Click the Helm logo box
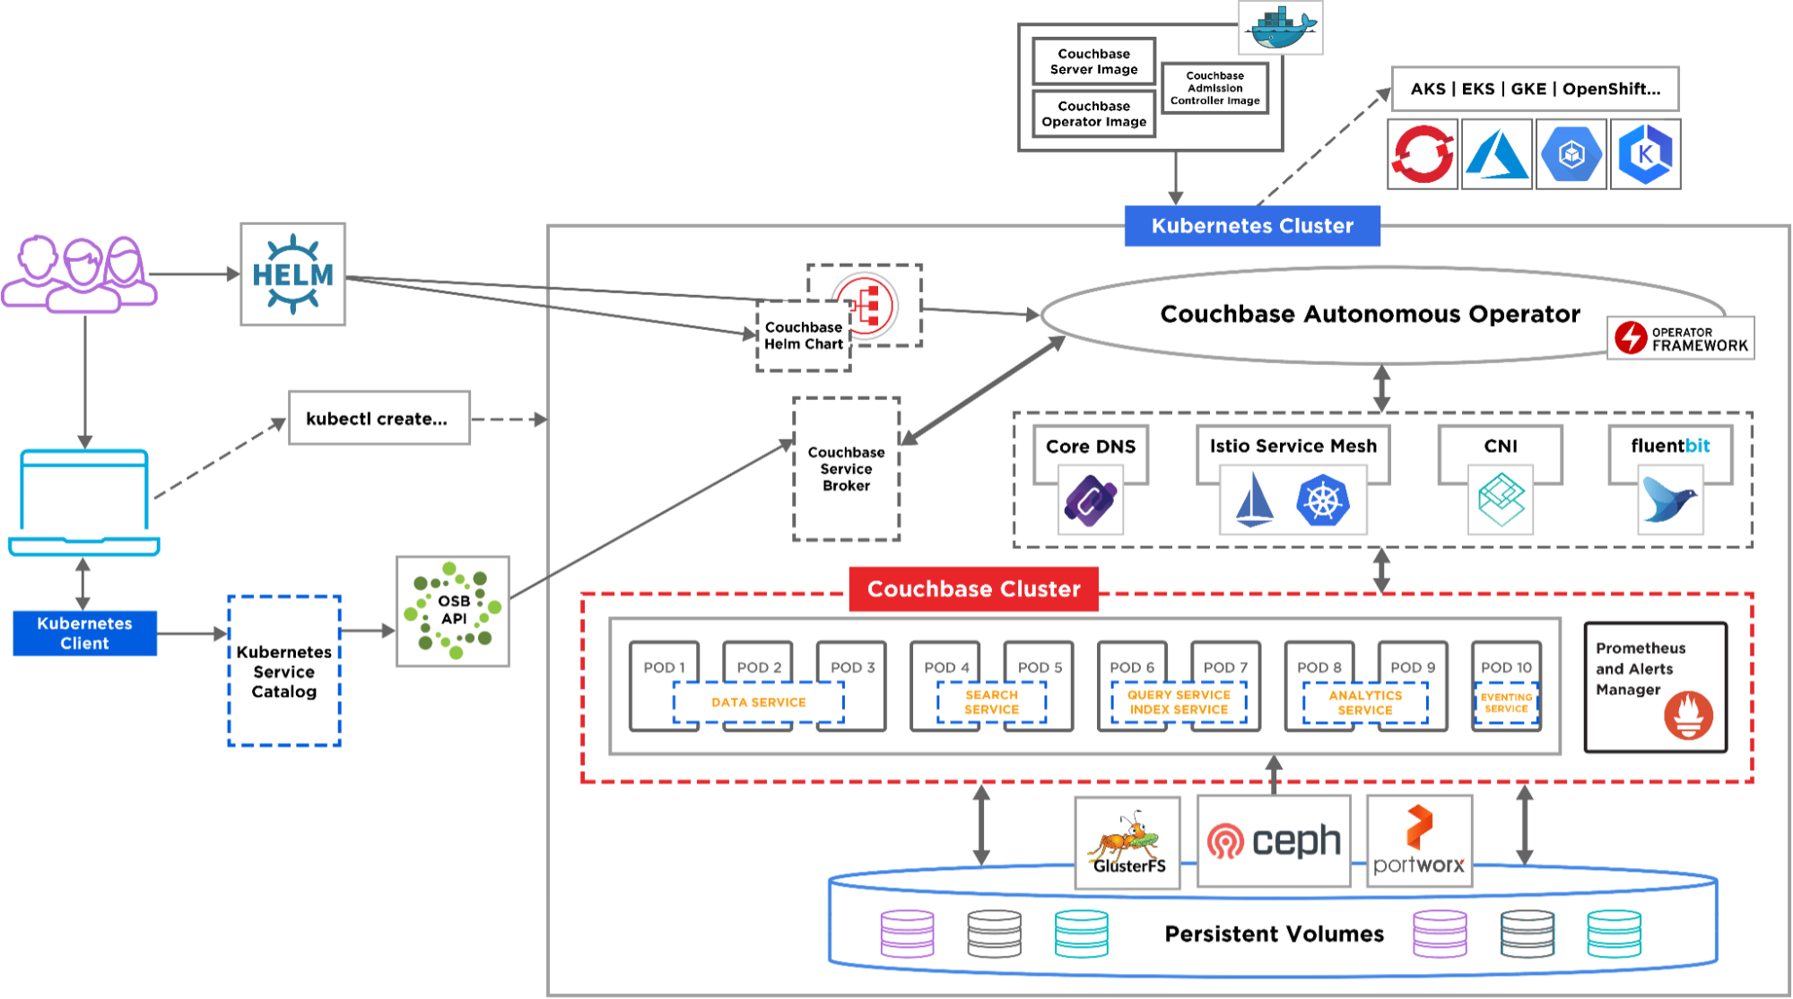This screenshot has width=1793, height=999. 292,274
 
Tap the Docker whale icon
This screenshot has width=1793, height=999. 1281,28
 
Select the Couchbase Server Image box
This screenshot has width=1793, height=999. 1093,62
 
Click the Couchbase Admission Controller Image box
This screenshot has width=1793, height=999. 1214,88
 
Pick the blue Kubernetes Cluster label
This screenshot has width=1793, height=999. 1252,226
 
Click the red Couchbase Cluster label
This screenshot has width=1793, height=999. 973,589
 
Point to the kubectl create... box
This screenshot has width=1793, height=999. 379,419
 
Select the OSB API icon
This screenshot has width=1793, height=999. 453,611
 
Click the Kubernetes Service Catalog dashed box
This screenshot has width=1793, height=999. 284,671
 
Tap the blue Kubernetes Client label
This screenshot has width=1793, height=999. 84,633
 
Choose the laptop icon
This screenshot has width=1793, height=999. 84,502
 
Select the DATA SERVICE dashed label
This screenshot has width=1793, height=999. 758,702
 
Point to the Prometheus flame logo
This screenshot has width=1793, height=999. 1688,715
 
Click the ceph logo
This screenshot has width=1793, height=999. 1274,841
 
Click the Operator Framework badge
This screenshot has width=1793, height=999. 1680,338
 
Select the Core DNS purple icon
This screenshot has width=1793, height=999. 1090,502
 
